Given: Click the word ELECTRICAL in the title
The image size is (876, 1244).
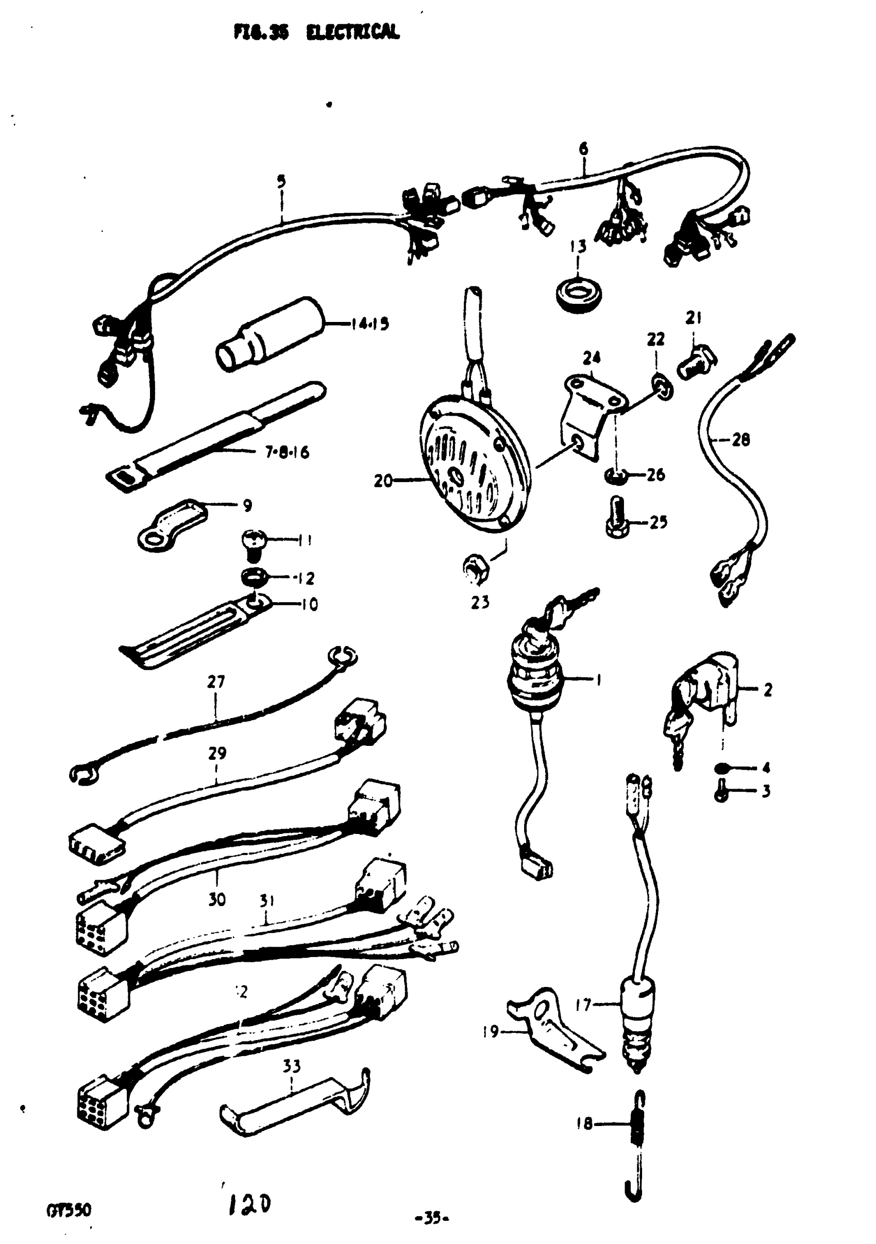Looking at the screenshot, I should click(x=352, y=32).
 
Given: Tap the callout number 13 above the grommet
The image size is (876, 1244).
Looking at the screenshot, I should click(x=578, y=247).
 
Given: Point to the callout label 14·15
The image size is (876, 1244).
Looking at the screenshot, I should click(x=369, y=324).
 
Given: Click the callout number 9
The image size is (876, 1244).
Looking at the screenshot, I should click(x=247, y=505).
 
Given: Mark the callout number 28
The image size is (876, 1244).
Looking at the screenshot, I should click(x=740, y=439).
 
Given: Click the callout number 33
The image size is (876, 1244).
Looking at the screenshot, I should click(x=292, y=1066).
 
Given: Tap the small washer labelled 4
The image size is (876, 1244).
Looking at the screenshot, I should click(x=722, y=767).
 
